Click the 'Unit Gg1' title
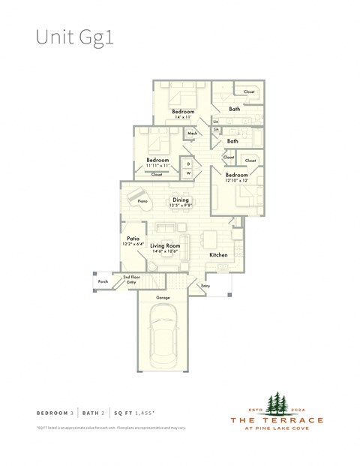[x=75, y=38]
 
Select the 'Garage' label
[x=163, y=298]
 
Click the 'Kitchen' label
[x=218, y=255]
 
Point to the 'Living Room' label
[x=165, y=245]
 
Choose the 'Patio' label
[x=133, y=238]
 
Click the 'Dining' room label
[x=181, y=200]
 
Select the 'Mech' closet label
[x=192, y=134]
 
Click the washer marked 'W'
[x=189, y=173]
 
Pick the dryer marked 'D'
[x=189, y=163]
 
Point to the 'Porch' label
[x=103, y=282]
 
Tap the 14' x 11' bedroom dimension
[x=184, y=118]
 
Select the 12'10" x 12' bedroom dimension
[x=237, y=180]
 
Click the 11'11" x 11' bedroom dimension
[x=157, y=166]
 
